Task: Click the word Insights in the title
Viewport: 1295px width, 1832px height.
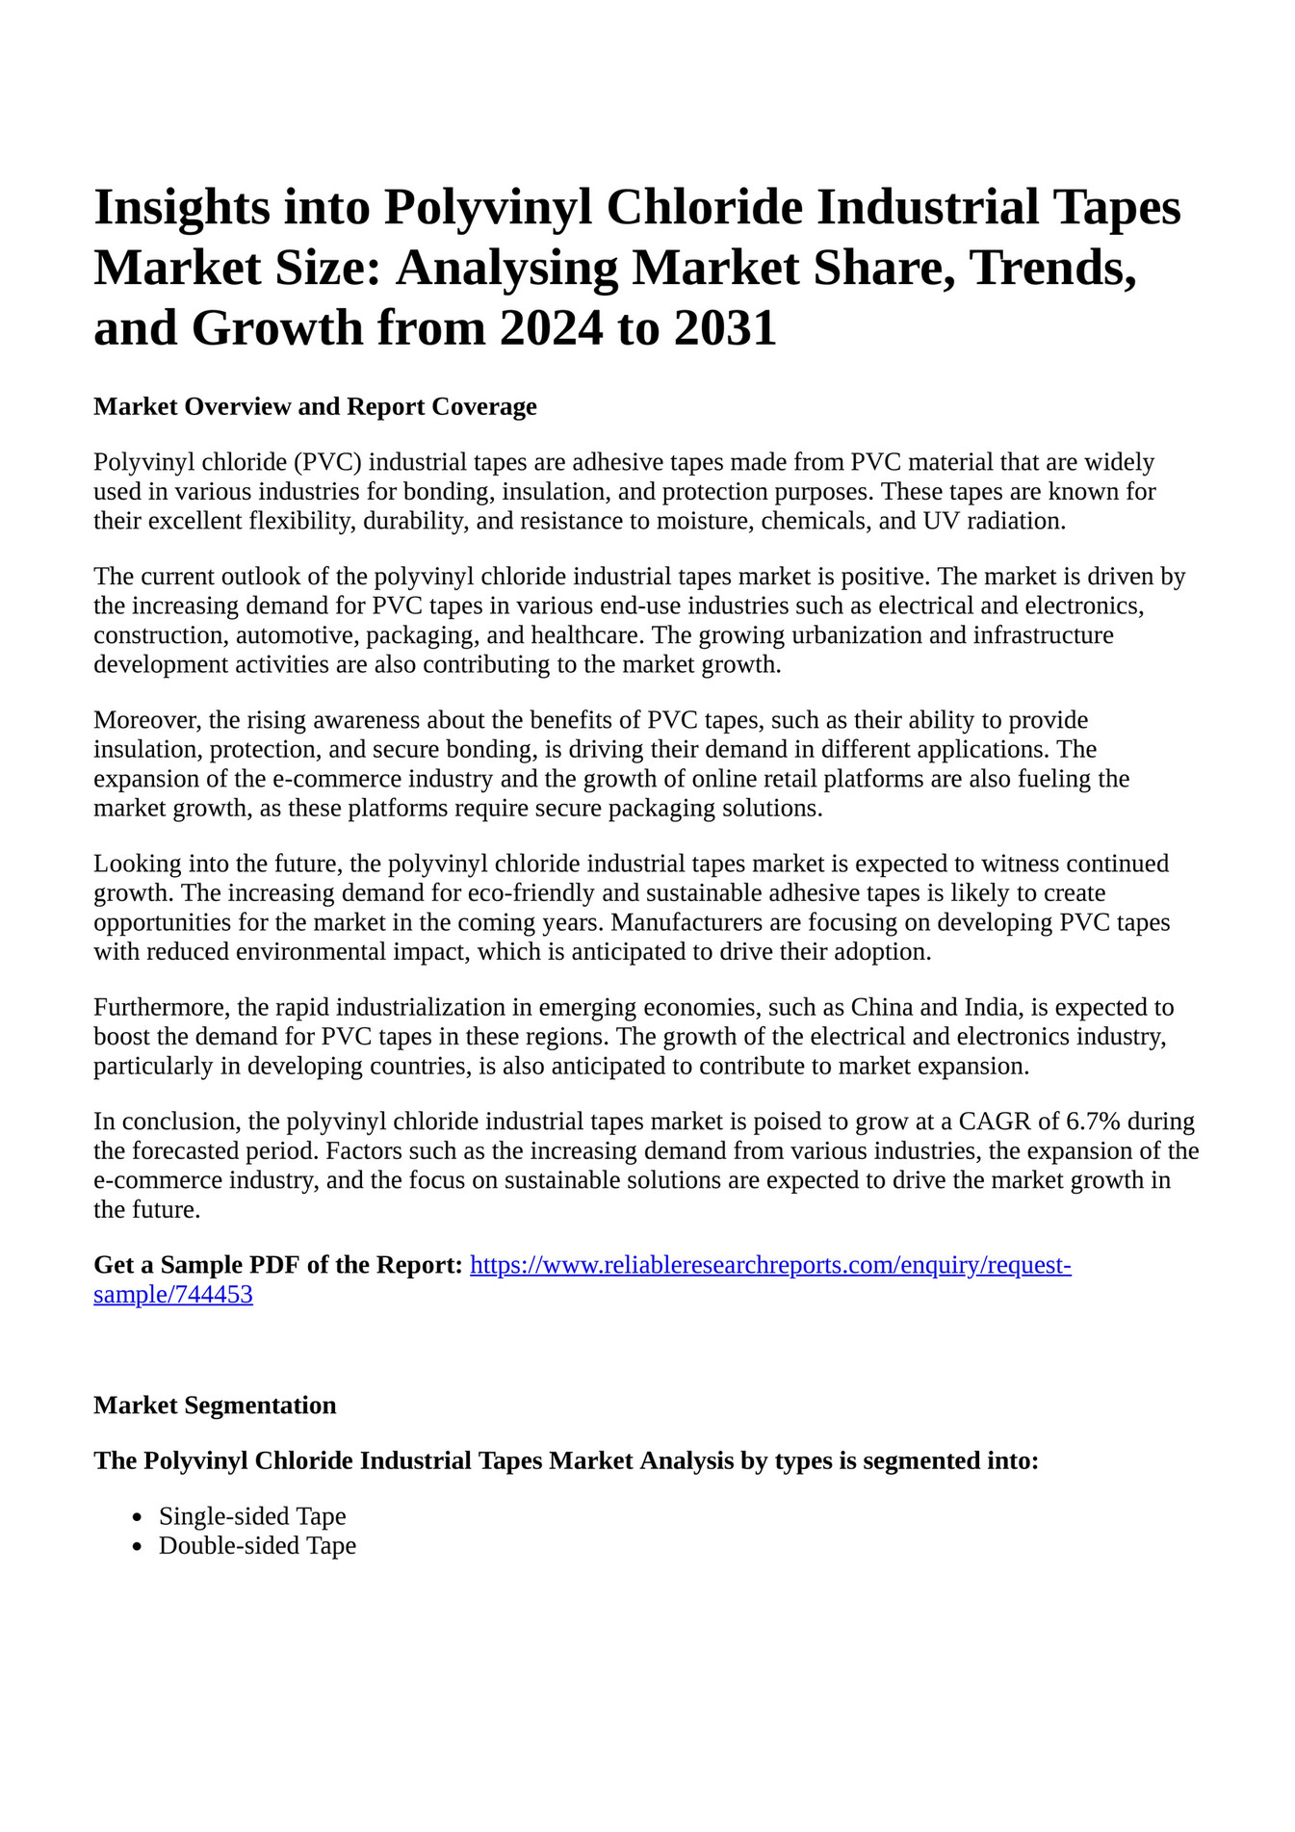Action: (x=181, y=208)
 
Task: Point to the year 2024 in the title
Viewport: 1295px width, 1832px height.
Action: (x=549, y=329)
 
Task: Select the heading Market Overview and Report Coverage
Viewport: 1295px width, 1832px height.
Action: (x=315, y=407)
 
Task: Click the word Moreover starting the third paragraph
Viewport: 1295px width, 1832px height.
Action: (x=146, y=720)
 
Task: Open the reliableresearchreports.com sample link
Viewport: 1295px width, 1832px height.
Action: (x=769, y=1265)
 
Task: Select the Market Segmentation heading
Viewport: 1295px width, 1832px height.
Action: (x=215, y=1406)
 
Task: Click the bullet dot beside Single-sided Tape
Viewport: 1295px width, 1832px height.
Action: (x=139, y=1518)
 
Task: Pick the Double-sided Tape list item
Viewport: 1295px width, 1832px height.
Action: (x=257, y=1546)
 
